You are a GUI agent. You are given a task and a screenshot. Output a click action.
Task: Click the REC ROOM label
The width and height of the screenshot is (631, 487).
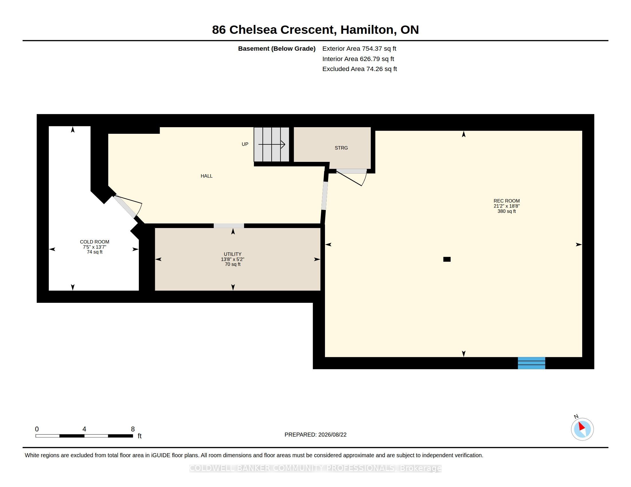[507, 201]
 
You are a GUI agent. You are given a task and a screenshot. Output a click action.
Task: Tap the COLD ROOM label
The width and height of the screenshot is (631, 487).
[94, 242]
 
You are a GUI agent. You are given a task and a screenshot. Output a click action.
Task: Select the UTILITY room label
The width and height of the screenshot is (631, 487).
[233, 254]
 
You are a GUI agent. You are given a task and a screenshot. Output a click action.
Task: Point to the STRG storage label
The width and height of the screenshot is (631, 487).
[341, 148]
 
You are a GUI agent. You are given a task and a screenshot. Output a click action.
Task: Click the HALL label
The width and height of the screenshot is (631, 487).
[207, 176]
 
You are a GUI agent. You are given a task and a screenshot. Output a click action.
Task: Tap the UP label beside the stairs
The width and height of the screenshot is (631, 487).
[245, 144]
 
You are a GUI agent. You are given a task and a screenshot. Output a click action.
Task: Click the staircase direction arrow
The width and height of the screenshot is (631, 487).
[272, 144]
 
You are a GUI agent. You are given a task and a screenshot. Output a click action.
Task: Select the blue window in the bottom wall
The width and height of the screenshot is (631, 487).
[531, 363]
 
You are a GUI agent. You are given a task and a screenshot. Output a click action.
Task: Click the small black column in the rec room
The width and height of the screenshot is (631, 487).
[447, 259]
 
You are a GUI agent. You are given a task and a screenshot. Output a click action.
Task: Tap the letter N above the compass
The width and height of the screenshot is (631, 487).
[576, 416]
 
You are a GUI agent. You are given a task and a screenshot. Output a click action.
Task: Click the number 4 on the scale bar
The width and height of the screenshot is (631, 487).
[84, 429]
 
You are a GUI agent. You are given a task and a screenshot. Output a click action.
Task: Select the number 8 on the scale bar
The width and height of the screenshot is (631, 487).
[133, 429]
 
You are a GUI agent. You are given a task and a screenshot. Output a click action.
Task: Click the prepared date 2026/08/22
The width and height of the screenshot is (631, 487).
[332, 435]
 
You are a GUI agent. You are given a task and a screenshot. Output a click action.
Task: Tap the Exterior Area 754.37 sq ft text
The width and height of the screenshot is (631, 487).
[359, 49]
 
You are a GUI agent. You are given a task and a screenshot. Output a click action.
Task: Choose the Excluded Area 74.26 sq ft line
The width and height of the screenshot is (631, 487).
[360, 69]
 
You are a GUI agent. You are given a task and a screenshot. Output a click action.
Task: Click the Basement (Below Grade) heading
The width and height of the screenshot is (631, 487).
[277, 49]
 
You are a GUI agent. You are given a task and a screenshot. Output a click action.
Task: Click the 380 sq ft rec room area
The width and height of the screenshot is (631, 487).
[507, 211]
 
